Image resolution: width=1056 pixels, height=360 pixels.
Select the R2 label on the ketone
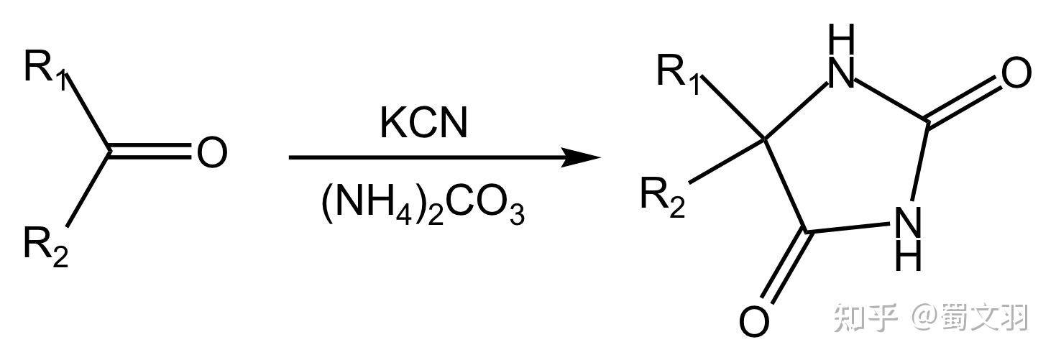pos(46,247)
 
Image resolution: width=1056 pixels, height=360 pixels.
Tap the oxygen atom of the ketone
pos(211,152)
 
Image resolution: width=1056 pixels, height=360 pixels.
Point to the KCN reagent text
pos(423,123)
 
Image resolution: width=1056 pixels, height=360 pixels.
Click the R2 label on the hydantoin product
pos(663,198)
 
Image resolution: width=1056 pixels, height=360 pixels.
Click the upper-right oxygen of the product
pos(1016,73)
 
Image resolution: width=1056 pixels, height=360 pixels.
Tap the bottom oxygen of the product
pos(754,321)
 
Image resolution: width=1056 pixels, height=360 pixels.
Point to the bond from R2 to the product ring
pos(727,161)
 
